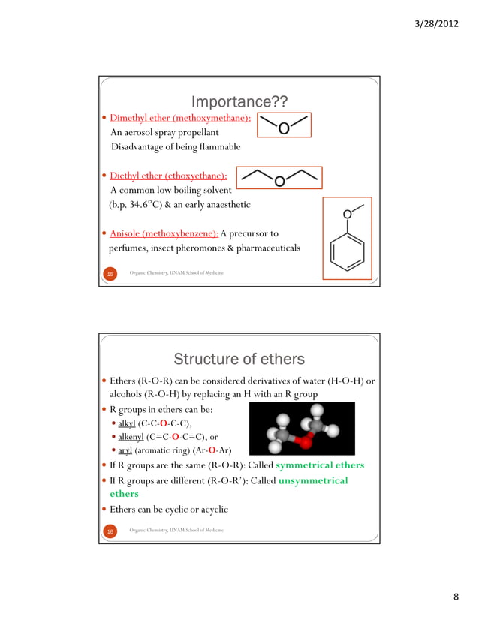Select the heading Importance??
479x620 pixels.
pos(239,101)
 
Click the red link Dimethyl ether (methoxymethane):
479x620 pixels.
pos(180,119)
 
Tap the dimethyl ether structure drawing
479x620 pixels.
pos(285,126)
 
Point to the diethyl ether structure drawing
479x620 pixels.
pos(279,178)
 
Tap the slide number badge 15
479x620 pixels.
pos(110,275)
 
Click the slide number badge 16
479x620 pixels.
pos(110,531)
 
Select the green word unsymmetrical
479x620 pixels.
pos(313,480)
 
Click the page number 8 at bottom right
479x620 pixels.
pos(456,597)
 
